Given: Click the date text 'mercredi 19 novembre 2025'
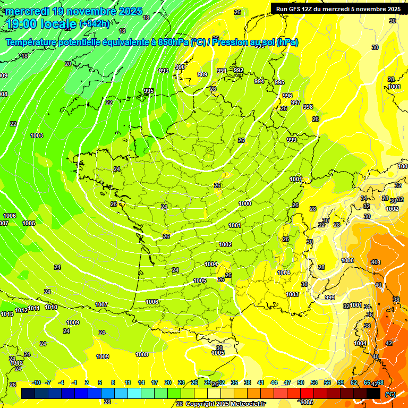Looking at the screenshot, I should pyautogui.click(x=74, y=11).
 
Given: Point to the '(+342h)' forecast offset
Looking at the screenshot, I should pyautogui.click(x=95, y=24).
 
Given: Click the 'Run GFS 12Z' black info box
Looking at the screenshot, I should pyautogui.click(x=338, y=9).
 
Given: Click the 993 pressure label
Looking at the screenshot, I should pyautogui.click(x=164, y=71).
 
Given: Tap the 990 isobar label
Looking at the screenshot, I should pyautogui.click(x=180, y=67).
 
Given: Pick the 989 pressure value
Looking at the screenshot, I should pyautogui.click(x=202, y=75).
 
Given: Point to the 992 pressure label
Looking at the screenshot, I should pyautogui.click(x=239, y=70).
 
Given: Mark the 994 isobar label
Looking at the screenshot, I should pyautogui.click(x=259, y=81).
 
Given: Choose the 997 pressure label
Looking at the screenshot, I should pyautogui.click(x=296, y=103).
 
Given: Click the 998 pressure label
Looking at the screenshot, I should pyautogui.click(x=308, y=107).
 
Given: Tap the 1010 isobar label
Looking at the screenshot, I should pyautogui.click(x=51, y=307).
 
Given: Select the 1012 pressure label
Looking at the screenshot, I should pyautogui.click(x=21, y=310).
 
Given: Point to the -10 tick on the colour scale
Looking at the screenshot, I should pyautogui.click(x=36, y=382).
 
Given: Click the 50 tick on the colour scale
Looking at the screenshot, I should pyautogui.click(x=301, y=382).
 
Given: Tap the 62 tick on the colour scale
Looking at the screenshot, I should pyautogui.click(x=354, y=382).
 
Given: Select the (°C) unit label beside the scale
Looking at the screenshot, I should pyautogui.click(x=390, y=394).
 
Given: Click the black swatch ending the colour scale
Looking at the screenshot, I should pyautogui.click(x=373, y=393).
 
